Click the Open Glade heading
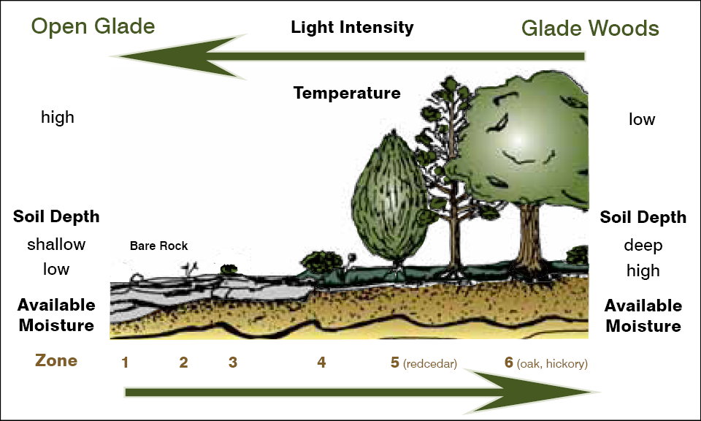[93, 27]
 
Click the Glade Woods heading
[590, 29]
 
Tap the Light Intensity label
[352, 28]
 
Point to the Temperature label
[347, 93]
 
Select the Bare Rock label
[158, 246]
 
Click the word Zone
[56, 360]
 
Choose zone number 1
[125, 362]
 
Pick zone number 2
[183, 362]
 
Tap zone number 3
[232, 362]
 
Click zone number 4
[321, 362]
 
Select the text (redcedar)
[429, 363]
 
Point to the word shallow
[56, 244]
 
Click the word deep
[643, 245]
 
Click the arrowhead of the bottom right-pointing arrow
[562, 392]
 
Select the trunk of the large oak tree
[526, 234]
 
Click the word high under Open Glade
[58, 117]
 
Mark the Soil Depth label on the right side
[643, 217]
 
